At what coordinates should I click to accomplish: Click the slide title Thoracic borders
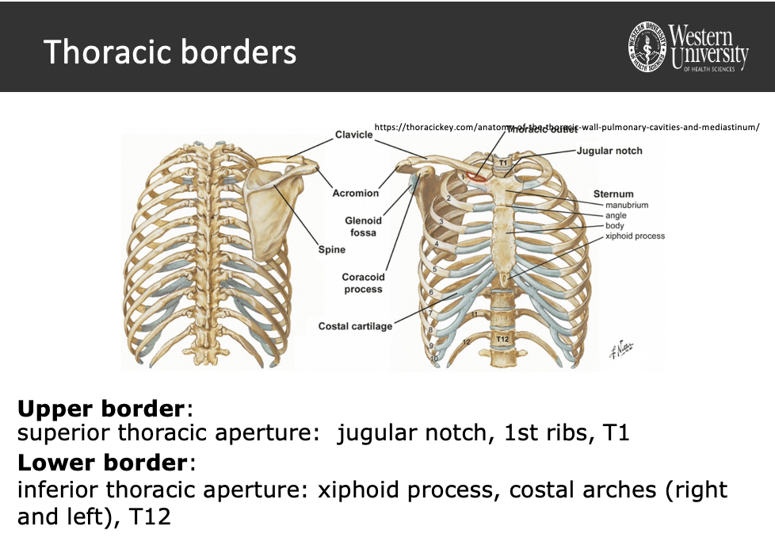tap(170, 52)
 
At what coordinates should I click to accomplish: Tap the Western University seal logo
tap(647, 46)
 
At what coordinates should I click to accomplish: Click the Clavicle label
tap(353, 135)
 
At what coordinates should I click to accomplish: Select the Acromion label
tap(356, 193)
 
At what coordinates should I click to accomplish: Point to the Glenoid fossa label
tap(363, 226)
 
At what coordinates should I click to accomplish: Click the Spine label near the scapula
tap(332, 250)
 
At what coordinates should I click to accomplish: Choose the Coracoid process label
tap(363, 283)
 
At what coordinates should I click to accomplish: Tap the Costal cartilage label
tap(355, 326)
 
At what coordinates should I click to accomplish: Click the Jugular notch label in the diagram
tap(609, 151)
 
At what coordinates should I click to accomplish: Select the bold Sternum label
tap(613, 194)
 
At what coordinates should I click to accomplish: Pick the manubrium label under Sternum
tap(627, 206)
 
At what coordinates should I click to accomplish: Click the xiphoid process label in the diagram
tap(635, 236)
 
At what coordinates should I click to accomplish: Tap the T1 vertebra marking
tap(502, 163)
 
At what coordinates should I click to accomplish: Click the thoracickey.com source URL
tap(566, 126)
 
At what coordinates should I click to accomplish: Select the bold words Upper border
tap(101, 409)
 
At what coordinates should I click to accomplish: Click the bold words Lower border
tap(101, 462)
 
